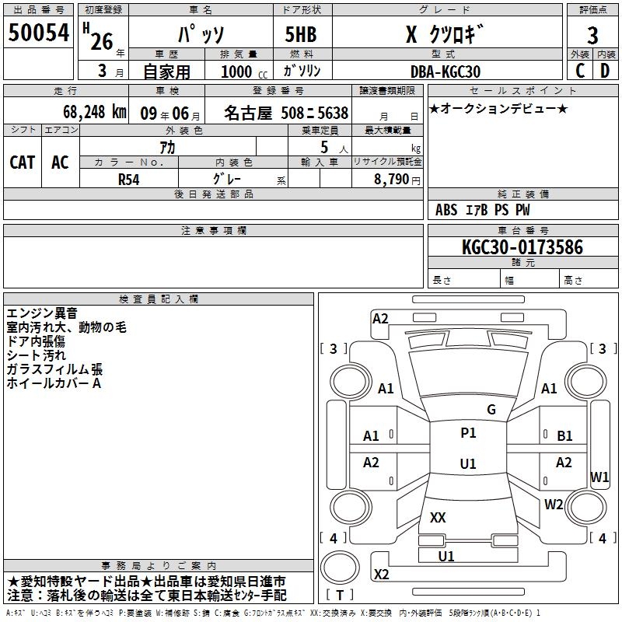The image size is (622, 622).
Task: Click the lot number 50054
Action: point(39,33)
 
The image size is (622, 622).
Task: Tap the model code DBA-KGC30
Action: point(446,71)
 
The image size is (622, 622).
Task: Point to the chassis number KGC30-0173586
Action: point(500,247)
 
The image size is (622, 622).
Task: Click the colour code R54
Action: point(128,178)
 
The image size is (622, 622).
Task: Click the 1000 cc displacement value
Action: point(237,71)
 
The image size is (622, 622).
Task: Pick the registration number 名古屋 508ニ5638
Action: point(286,112)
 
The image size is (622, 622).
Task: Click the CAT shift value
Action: point(23,162)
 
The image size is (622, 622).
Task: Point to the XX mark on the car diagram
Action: point(438,517)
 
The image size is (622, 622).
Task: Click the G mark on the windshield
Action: point(491,410)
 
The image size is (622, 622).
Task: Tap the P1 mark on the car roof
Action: point(468,433)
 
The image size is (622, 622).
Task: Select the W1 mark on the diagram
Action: point(599,477)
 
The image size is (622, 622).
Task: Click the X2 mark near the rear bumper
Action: point(381,575)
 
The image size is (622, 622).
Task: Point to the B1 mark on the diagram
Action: point(564,436)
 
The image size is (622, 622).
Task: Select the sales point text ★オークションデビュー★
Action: point(498,108)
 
